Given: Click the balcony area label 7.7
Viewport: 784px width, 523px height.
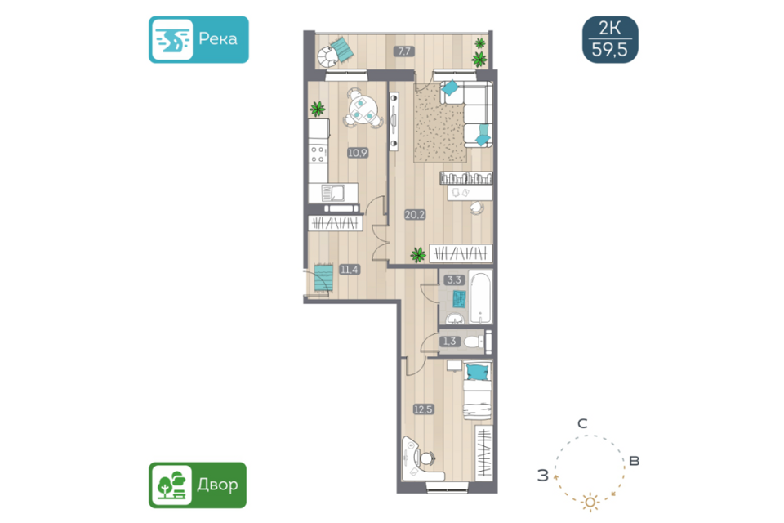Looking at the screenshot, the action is click(403, 51).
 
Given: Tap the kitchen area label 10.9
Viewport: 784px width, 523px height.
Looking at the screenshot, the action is click(358, 153).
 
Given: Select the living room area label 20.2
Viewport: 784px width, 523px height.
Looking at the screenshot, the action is click(415, 215).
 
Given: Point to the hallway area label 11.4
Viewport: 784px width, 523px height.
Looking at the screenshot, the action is click(349, 269).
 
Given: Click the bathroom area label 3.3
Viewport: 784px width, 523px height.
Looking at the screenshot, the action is click(454, 279).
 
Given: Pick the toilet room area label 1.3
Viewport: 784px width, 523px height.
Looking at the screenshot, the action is click(449, 342).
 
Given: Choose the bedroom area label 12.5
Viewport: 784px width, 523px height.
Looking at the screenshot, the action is click(423, 409).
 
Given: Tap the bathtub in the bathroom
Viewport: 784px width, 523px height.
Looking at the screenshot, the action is click(480, 297).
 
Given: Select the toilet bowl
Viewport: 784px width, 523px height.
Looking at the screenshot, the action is click(474, 342).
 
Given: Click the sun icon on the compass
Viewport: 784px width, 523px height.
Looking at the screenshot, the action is click(590, 502).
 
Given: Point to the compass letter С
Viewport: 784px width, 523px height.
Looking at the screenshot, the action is click(582, 424).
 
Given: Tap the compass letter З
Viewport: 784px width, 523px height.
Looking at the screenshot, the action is click(542, 475).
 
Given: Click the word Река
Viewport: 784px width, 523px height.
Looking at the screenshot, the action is click(218, 39).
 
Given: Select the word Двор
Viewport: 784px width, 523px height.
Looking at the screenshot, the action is click(217, 485).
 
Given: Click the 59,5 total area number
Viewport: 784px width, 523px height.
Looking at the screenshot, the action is click(610, 50).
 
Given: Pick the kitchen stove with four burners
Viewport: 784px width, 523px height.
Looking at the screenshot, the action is click(318, 154).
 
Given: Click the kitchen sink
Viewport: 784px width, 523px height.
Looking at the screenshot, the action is click(333, 193).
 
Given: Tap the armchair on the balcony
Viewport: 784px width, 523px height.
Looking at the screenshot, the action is click(329, 56).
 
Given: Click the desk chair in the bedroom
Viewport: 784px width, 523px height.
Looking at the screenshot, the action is click(426, 458).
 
